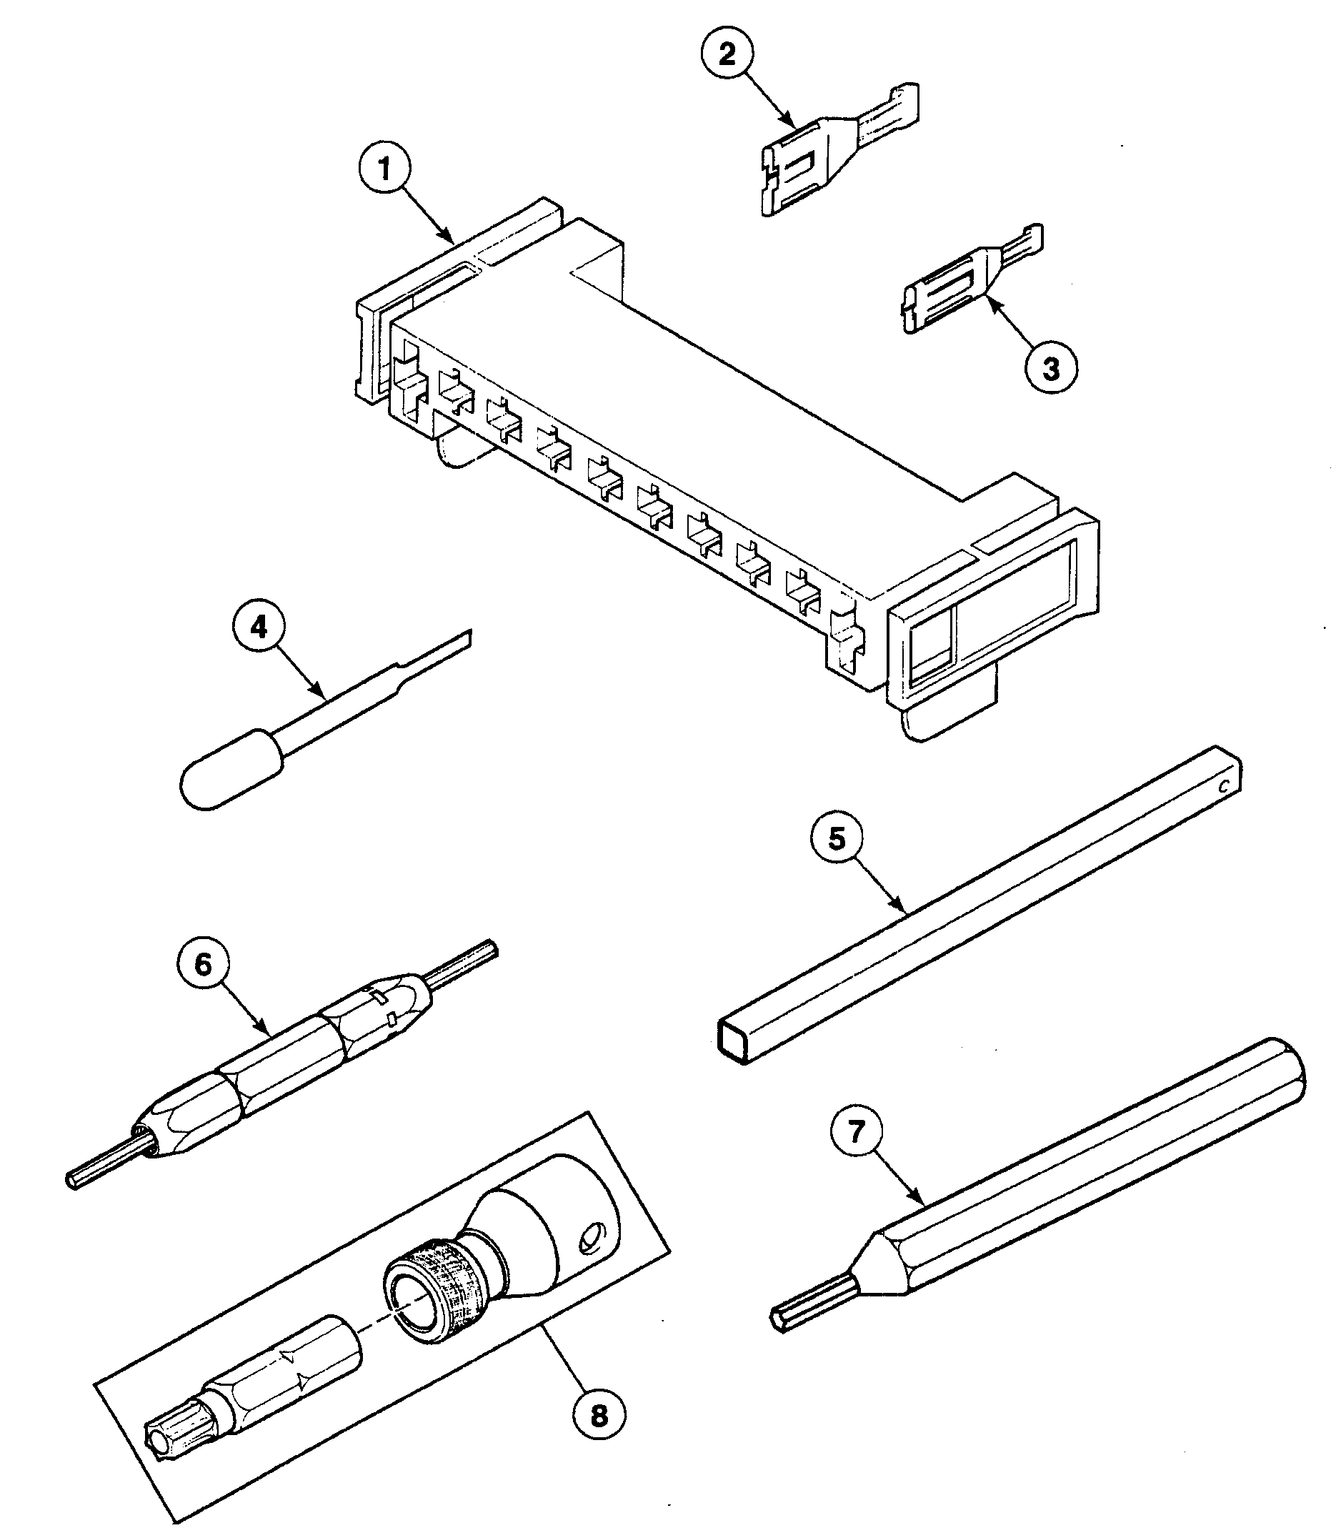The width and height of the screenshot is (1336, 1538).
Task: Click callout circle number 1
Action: (x=384, y=170)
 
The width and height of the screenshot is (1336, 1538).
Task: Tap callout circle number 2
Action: (x=727, y=54)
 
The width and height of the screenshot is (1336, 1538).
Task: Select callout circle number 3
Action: (x=1050, y=368)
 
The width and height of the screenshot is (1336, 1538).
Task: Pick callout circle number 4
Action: (x=259, y=628)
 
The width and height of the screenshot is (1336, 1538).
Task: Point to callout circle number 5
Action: (x=837, y=838)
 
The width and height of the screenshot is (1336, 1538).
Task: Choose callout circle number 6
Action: (x=203, y=965)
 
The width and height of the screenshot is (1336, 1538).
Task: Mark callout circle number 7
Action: (x=855, y=1132)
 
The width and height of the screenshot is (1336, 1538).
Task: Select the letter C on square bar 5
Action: (x=1223, y=786)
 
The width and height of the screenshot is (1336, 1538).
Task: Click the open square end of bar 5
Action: (x=733, y=1038)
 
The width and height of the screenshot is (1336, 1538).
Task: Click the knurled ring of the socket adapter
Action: (x=427, y=1292)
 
